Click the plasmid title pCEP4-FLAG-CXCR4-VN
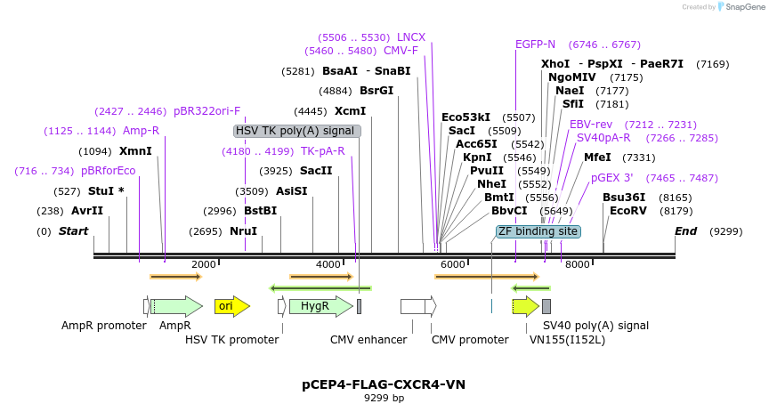coord(384,384)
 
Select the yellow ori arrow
coord(231,306)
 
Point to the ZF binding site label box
coord(538,231)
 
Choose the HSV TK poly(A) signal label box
coord(297,131)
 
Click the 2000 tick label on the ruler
coord(204,264)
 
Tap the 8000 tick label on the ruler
coord(578,264)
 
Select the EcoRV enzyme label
coord(627,211)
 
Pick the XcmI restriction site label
coord(350,111)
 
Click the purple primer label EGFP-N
coord(535,44)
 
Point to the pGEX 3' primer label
coord(612,178)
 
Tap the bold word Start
coord(74,231)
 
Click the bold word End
coord(685,231)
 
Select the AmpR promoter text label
coord(103,326)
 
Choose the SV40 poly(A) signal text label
coord(595,326)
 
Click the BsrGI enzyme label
coord(376,91)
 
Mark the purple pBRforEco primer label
coord(109,171)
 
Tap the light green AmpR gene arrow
coord(178,306)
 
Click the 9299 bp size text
coord(384,399)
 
